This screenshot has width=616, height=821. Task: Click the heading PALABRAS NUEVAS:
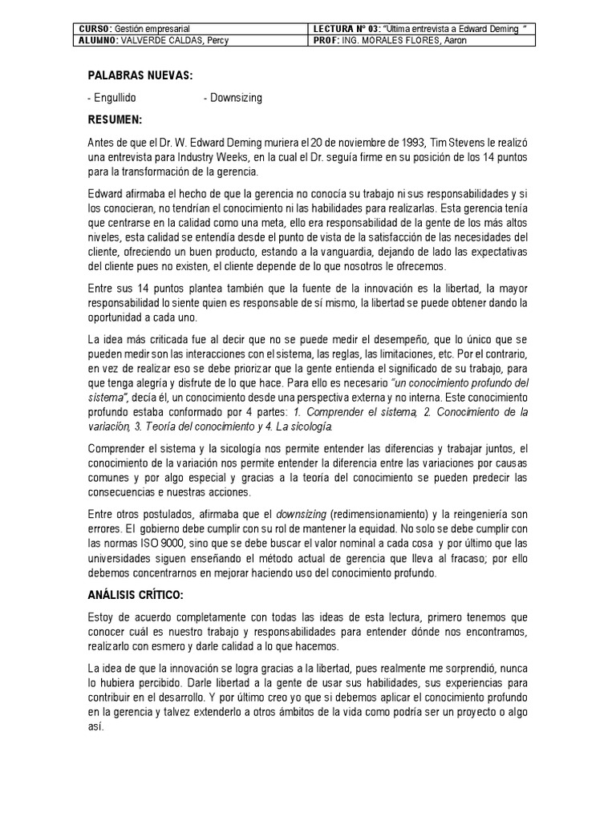pyautogui.click(x=140, y=76)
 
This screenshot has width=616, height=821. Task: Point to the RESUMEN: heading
pyautogui.click(x=115, y=120)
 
